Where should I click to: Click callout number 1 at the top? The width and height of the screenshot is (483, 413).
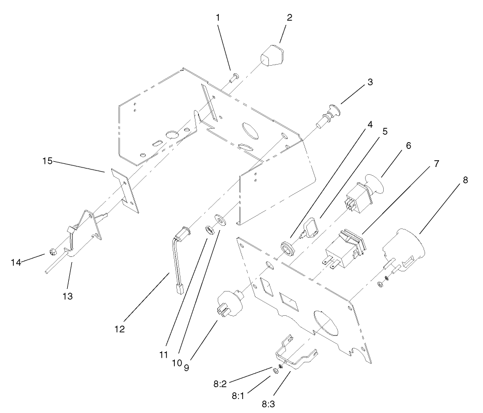coord(218,17)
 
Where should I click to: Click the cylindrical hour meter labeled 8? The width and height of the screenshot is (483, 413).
coord(405,249)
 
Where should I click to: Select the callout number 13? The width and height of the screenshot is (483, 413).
coord(67,296)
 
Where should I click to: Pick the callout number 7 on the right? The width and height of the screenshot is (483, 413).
coord(436,163)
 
